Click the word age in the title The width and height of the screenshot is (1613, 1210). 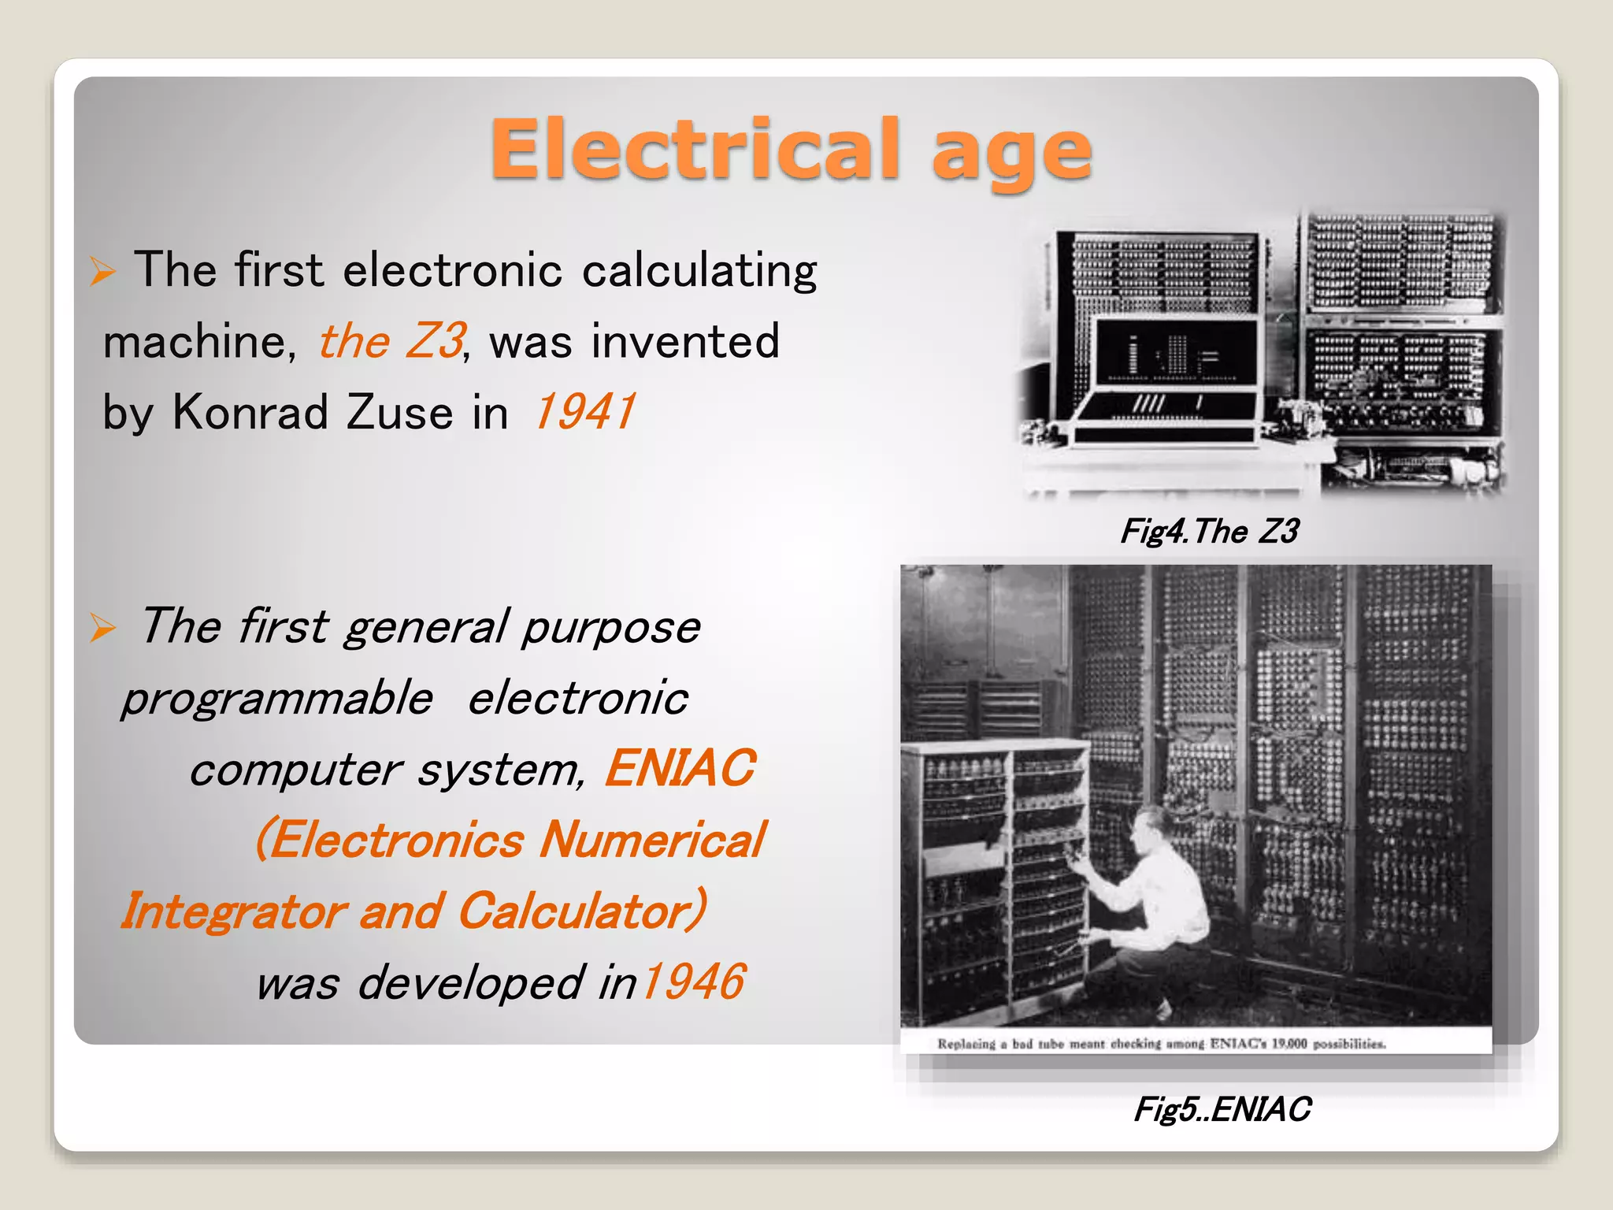point(1011,154)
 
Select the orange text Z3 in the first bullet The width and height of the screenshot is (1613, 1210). point(435,340)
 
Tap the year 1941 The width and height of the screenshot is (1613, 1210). point(584,412)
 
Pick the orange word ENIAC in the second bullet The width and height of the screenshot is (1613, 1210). point(680,768)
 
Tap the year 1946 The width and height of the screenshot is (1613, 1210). point(692,982)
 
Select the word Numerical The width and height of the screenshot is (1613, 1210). point(652,840)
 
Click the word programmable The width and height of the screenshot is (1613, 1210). point(277,699)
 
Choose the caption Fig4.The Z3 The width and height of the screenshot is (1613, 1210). point(1209,532)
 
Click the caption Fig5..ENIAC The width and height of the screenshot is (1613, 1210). point(1222,1109)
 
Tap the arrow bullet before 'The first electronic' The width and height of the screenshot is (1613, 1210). point(102,271)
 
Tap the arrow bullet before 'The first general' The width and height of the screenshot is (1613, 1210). point(102,628)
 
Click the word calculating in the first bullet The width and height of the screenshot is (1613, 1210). point(699,270)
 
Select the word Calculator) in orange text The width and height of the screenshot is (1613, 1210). point(582,911)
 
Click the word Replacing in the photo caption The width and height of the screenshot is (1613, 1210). point(966,1044)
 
